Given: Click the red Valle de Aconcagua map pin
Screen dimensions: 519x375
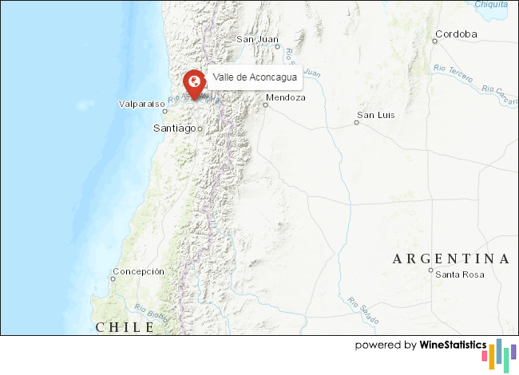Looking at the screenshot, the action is pos(192,84).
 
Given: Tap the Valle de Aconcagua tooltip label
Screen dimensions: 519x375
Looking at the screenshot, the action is pos(255,77).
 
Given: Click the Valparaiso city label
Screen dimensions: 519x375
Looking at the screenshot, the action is pos(141,104).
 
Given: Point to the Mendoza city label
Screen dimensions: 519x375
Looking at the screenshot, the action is pos(287,97).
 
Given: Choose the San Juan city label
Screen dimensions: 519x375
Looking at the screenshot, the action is pos(256,39).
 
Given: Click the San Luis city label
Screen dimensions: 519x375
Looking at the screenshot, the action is pos(376,115).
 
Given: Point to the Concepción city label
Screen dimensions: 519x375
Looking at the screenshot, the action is pos(138,271).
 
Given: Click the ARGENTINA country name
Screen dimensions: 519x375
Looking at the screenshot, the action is pos(450,259).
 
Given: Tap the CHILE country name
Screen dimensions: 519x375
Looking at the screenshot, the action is pos(125,327).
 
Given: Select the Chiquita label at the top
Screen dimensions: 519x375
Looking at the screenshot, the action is pos(490,4).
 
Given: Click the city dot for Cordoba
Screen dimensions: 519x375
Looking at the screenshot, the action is pos(435,40).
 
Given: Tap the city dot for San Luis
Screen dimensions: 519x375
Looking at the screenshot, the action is pos(357,123).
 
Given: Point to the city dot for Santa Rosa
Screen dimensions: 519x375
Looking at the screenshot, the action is pos(430,271).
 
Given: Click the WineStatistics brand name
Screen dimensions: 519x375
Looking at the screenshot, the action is pos(453,345).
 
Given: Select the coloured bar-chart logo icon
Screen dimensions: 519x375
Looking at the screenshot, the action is pos(502,353).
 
